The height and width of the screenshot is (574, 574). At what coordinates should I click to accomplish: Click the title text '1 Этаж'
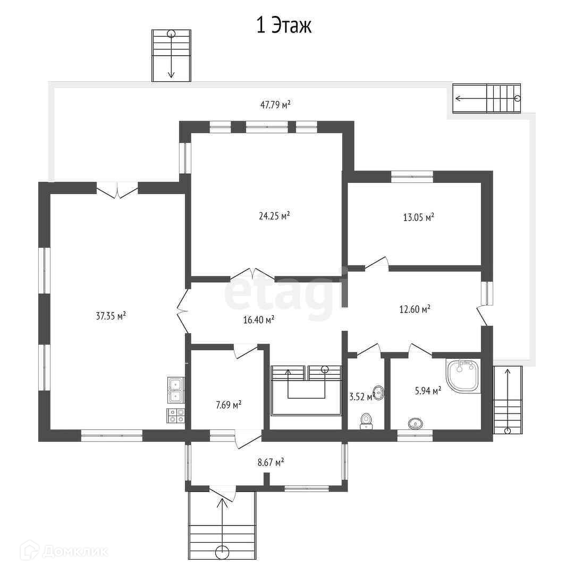pos(284,26)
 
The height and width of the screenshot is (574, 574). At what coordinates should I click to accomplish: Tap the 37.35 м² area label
pos(111,316)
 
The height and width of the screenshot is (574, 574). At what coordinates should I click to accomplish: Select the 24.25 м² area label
pos(274,216)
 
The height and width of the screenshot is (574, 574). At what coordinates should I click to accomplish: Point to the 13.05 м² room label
pos(418,217)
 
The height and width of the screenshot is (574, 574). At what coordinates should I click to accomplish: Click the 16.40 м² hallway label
pos(259,320)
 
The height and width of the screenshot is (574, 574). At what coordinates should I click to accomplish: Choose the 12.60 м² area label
pos(415,309)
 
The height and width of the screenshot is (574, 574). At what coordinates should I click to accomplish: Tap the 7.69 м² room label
pos(229,405)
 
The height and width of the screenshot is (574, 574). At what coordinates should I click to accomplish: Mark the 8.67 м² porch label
pos(271,462)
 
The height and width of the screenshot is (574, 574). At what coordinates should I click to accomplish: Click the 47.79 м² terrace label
pos(275,105)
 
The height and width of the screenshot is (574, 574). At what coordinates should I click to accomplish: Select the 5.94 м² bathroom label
pos(428,391)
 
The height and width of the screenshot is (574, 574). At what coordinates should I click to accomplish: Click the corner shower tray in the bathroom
pos(463,376)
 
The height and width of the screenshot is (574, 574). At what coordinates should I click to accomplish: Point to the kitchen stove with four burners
pos(176,416)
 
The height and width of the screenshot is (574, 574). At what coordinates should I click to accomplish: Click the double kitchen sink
pos(176,390)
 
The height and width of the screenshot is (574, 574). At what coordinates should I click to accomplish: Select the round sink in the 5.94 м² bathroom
pos(415,424)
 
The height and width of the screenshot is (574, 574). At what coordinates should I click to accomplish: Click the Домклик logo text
pos(75,551)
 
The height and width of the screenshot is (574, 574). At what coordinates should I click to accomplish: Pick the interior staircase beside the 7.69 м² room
pos(306,390)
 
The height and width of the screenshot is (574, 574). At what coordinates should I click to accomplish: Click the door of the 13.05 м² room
pos(377,264)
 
